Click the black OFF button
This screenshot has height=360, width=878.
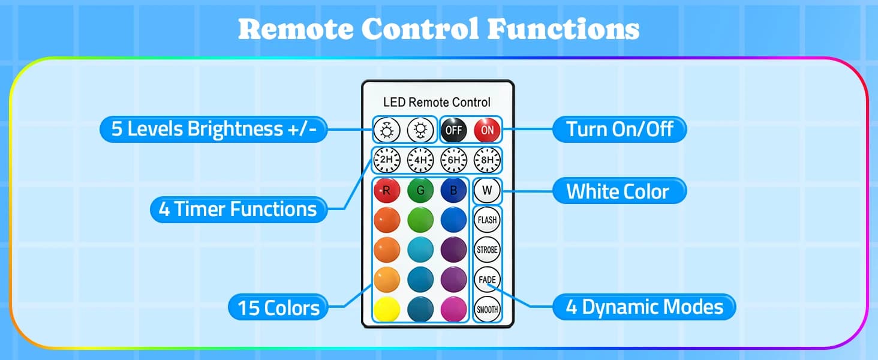[454, 130]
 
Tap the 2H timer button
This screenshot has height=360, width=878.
[386, 160]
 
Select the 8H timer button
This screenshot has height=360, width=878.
[487, 160]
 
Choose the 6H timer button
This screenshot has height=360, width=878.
[454, 160]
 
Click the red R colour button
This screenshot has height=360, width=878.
[387, 191]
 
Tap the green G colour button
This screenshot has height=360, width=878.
[420, 191]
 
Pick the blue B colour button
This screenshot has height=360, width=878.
[453, 191]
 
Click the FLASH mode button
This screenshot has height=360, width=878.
[487, 220]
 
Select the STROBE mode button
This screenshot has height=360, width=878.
[487, 250]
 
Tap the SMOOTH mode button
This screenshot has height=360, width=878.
[487, 310]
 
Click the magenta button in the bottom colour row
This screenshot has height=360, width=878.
[453, 310]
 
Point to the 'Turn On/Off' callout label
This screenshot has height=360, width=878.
[620, 130]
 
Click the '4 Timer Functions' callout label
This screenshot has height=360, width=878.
[239, 209]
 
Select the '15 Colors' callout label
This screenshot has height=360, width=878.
[278, 307]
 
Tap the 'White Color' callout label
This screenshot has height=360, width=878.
[620, 191]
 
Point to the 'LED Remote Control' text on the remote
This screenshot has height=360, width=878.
[437, 103]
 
